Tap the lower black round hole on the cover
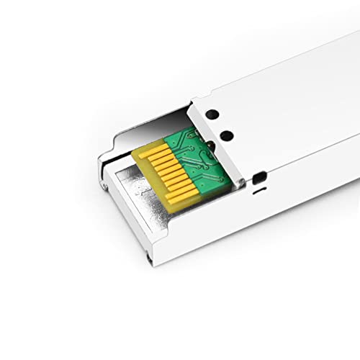(225, 134)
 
